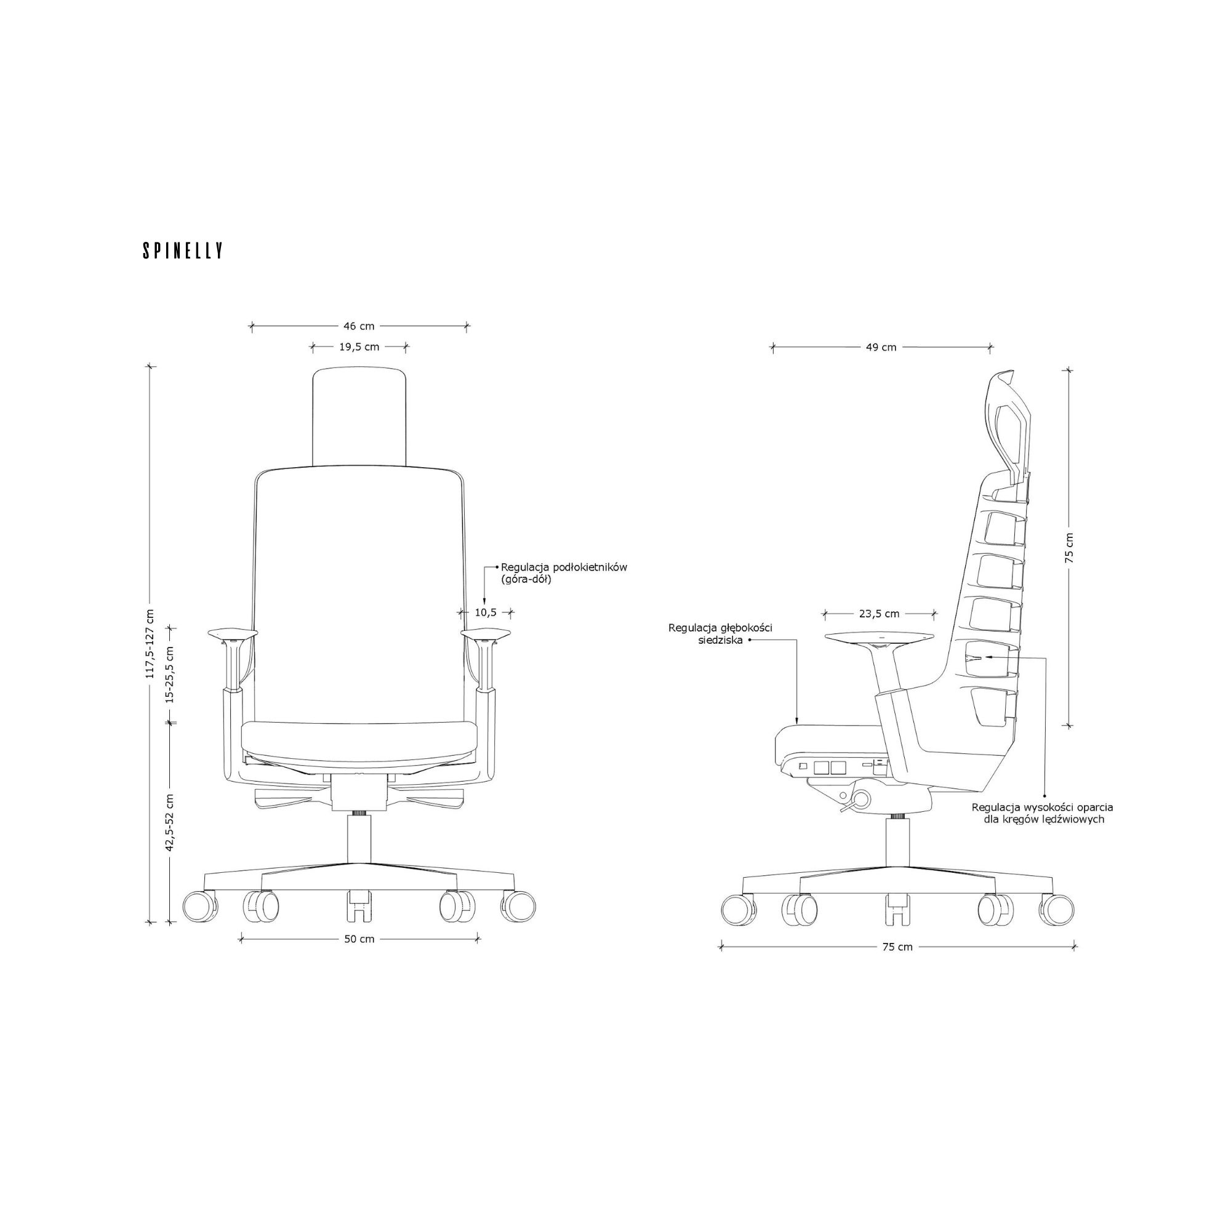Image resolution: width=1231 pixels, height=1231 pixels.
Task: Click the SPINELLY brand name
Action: tap(183, 251)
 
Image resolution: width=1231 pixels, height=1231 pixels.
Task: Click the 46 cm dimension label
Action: tap(359, 326)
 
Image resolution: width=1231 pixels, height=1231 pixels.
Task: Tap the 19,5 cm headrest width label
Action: tap(359, 347)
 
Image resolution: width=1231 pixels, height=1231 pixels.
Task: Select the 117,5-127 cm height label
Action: tap(150, 644)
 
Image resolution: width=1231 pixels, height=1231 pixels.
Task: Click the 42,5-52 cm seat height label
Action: tap(169, 822)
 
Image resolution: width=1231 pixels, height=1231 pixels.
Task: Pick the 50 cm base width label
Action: tap(359, 939)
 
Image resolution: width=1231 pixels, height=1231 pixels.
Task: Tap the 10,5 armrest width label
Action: tap(486, 612)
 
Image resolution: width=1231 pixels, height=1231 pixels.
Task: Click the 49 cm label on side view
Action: tap(881, 347)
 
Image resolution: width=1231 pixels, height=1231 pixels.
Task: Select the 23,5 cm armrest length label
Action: tap(880, 614)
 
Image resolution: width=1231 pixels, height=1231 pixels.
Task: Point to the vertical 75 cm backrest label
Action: tap(1069, 547)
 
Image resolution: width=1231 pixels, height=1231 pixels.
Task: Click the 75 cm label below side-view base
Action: tap(897, 947)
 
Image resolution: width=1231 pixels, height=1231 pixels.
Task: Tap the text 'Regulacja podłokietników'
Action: tap(564, 567)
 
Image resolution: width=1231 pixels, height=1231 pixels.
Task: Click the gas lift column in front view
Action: tap(359, 838)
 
